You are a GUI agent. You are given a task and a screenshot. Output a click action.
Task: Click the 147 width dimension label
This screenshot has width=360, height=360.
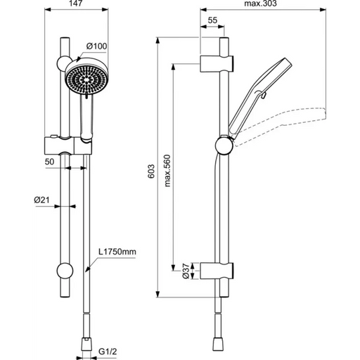(x=76, y=4)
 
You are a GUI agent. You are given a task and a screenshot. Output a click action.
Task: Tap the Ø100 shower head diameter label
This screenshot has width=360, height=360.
(x=96, y=46)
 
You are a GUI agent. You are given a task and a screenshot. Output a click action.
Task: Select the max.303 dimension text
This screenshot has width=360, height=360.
(x=260, y=4)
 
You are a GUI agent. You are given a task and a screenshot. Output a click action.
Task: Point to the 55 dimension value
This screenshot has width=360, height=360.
(x=212, y=20)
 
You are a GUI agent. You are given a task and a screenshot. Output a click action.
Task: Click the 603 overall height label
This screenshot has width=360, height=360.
(x=151, y=171)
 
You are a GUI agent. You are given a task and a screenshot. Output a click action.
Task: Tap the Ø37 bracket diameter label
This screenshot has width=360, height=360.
(x=186, y=271)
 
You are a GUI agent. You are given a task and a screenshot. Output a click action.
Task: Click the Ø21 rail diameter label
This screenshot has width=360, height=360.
(x=41, y=200)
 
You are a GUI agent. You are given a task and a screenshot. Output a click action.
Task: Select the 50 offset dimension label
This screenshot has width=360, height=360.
(x=49, y=162)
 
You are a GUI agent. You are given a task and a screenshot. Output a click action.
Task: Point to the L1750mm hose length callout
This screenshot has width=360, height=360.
(x=117, y=252)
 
